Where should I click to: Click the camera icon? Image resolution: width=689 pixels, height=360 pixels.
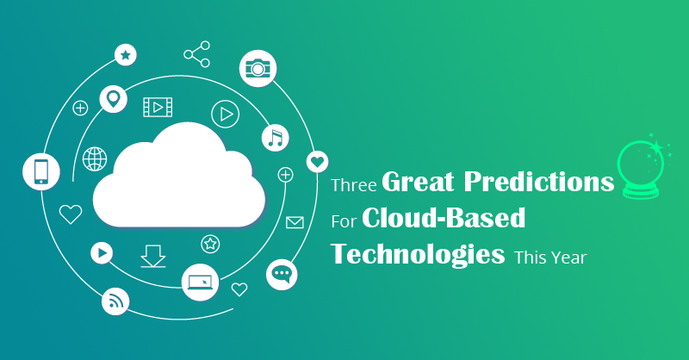pyautogui.click(x=258, y=68)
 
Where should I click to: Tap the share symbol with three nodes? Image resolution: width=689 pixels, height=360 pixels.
pyautogui.click(x=197, y=54)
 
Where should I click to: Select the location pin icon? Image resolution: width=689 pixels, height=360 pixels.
pyautogui.click(x=114, y=99)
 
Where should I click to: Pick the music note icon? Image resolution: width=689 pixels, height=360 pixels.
pyautogui.click(x=276, y=138)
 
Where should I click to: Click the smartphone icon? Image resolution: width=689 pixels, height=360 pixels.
pyautogui.click(x=40, y=171)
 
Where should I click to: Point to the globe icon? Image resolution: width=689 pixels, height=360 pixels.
pyautogui.click(x=95, y=158)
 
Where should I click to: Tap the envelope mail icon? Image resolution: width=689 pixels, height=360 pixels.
pyautogui.click(x=295, y=222)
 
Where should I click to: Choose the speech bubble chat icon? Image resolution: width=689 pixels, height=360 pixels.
pyautogui.click(x=282, y=274)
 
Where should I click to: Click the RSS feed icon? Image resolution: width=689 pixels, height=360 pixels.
pyautogui.click(x=115, y=301)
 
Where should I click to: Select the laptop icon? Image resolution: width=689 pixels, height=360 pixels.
pyautogui.click(x=200, y=282)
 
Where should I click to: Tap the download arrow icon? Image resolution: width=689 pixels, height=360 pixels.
pyautogui.click(x=153, y=257)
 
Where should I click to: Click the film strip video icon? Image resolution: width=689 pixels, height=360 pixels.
pyautogui.click(x=158, y=108)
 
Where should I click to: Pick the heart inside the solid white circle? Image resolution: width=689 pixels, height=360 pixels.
pyautogui.click(x=317, y=162)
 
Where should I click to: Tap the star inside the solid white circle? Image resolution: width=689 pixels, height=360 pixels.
pyautogui.click(x=126, y=55)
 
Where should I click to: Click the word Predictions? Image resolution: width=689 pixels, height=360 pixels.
pyautogui.click(x=539, y=181)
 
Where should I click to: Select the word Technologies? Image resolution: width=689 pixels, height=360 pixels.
pyautogui.click(x=418, y=256)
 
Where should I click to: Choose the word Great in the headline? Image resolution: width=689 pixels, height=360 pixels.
pyautogui.click(x=418, y=181)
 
